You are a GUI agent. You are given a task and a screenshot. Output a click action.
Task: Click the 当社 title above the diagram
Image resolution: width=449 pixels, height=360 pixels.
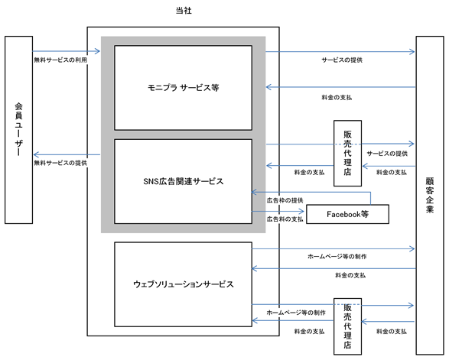coord(184,11)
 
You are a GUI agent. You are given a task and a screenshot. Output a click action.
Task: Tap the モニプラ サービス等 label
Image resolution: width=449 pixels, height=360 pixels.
coord(184,88)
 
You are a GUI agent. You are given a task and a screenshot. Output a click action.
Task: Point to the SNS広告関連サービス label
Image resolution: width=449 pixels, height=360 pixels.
coord(184,181)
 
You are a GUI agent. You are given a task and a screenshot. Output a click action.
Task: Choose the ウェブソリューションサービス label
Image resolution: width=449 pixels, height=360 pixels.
coord(184,284)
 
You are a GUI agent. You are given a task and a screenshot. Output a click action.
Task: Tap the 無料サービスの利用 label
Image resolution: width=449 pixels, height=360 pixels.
coord(60,60)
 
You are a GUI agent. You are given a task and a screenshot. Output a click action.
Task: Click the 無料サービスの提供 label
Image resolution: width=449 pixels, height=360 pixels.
coord(60,163)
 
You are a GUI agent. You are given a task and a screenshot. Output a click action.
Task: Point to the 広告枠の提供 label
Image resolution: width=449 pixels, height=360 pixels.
coord(285,200)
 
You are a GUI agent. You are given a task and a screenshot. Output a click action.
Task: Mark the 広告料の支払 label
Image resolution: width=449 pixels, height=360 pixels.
coord(285,219)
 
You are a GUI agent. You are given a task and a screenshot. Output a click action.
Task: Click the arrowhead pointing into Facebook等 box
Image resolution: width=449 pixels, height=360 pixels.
coord(302,212)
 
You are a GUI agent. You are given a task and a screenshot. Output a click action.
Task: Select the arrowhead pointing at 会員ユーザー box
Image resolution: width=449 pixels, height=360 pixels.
coord(36,155)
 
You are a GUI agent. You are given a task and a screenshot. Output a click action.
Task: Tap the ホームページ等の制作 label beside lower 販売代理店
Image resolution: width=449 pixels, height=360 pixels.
coord(296,313)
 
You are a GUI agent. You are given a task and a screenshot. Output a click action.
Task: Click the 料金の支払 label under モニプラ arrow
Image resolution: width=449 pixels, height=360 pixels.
coord(337,98)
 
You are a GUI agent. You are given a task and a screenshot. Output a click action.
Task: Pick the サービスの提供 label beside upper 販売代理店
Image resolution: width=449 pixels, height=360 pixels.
coord(387,154)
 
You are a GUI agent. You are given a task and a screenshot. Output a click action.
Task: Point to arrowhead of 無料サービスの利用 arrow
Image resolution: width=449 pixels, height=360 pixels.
coord(98,51)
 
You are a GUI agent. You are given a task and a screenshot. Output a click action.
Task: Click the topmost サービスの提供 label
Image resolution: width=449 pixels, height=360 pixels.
coord(342,60)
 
